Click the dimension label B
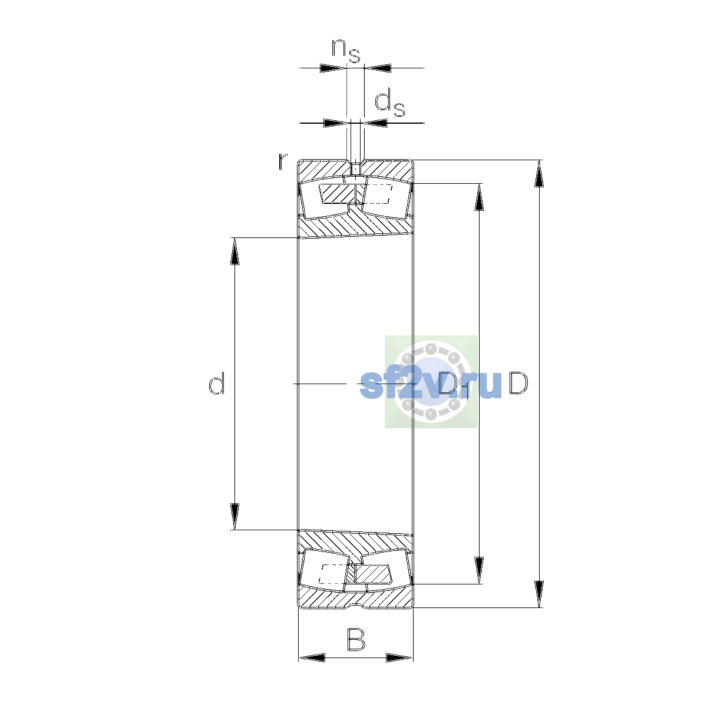click(355, 639)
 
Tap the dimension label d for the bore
click(216, 383)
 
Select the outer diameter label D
click(518, 383)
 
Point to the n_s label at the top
click(346, 51)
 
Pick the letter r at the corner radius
click(282, 161)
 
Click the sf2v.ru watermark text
click(430, 385)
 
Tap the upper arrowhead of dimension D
click(538, 174)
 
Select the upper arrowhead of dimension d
click(234, 252)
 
